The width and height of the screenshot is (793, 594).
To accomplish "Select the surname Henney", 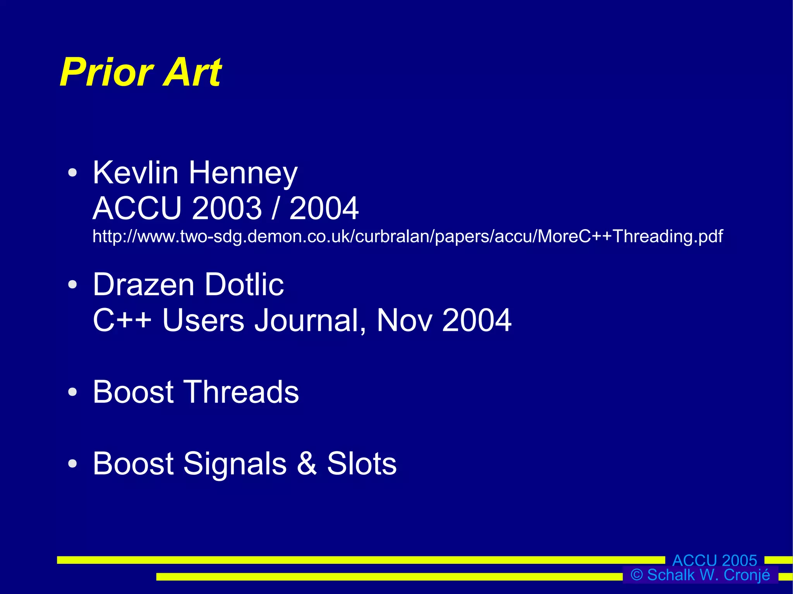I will click(x=243, y=173).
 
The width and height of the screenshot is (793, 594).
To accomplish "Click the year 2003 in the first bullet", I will click(x=227, y=208).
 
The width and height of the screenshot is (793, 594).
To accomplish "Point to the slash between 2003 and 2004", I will click(x=275, y=208).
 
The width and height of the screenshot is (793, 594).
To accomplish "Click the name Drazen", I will click(x=143, y=284).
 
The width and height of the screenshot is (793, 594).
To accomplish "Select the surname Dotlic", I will click(x=244, y=284).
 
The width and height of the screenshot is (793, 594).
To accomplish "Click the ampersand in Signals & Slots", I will click(x=307, y=463).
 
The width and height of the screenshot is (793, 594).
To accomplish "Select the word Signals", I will click(x=235, y=464).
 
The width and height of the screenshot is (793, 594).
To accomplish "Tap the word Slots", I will click(x=362, y=463).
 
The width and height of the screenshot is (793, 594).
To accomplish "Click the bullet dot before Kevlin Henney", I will click(x=72, y=173).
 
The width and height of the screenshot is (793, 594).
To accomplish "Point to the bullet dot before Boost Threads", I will click(x=72, y=392).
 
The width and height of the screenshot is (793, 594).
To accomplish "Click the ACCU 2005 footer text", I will click(x=714, y=560).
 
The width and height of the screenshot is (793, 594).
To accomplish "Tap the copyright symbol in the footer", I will click(x=637, y=575).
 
